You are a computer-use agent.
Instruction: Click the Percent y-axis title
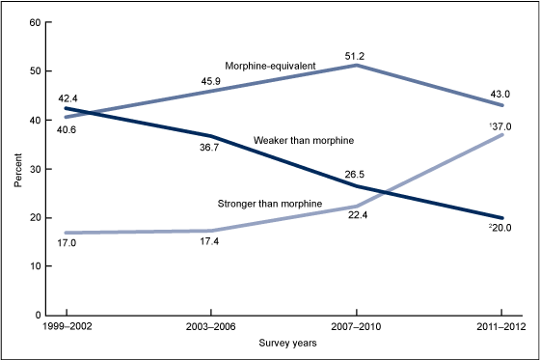(17, 168)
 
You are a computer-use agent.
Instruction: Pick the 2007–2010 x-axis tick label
(356, 329)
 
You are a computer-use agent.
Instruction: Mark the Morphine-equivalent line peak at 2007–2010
(356, 65)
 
